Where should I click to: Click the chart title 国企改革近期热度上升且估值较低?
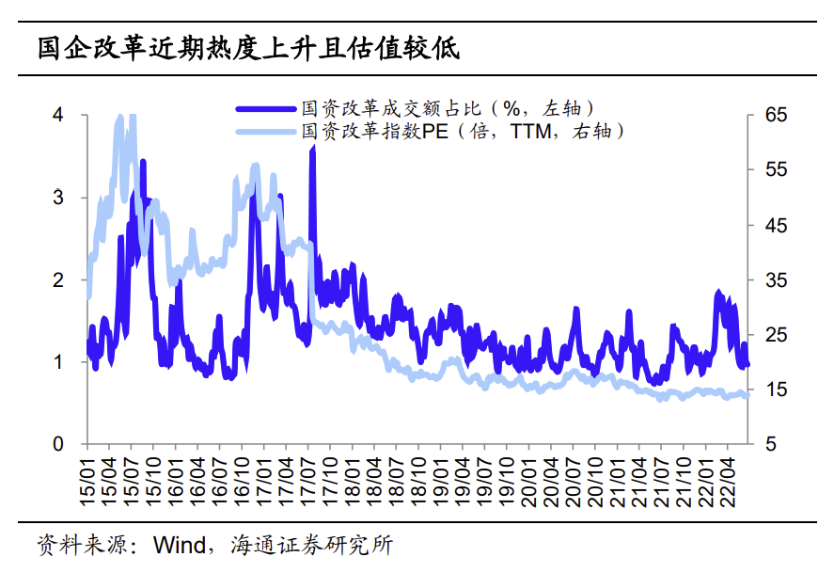coord(248,49)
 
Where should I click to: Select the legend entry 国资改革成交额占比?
coord(391,108)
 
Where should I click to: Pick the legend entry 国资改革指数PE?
coord(375,131)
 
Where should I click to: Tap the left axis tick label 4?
coord(58,115)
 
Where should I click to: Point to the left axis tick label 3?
coord(58,198)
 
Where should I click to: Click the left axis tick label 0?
coord(58,444)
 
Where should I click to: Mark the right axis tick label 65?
coord(776,115)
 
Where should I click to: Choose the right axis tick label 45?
coord(776,225)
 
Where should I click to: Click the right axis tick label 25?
coord(776,335)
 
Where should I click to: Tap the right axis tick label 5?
coord(771,444)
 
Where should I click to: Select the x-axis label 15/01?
coord(87,482)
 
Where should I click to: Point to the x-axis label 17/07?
coord(308,482)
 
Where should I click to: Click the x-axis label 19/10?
coord(507,482)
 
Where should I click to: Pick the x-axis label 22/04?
coord(728,482)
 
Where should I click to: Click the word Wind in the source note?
coord(180,546)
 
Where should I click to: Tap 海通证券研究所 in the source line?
coord(311,546)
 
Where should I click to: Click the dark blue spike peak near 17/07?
coord(313,147)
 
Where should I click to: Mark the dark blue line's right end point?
coord(748,364)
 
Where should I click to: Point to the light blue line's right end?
coord(747,395)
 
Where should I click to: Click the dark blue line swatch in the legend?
coord(266,109)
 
